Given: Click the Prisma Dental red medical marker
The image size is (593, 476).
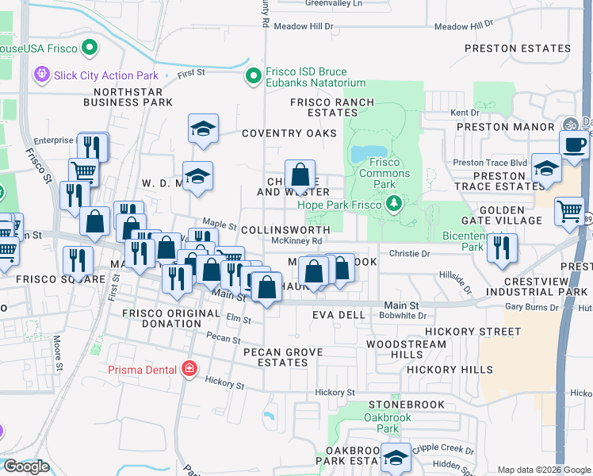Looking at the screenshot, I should [189, 369].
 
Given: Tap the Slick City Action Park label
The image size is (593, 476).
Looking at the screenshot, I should [105, 76].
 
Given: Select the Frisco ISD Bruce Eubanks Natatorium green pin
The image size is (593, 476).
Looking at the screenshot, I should [254, 77].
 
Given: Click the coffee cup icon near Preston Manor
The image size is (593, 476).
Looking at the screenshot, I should [574, 145].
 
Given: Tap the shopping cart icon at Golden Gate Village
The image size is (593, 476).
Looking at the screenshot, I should [569, 211].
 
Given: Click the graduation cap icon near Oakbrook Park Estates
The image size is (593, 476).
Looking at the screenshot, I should [396, 457].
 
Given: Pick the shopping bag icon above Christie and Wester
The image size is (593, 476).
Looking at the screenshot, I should [300, 174].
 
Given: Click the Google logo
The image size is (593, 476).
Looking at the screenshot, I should [25, 466].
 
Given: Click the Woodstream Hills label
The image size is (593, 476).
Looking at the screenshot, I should [407, 349].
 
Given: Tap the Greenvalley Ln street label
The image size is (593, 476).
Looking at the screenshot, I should [334, 3].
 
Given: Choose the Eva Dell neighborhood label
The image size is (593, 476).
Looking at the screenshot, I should [339, 315].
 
